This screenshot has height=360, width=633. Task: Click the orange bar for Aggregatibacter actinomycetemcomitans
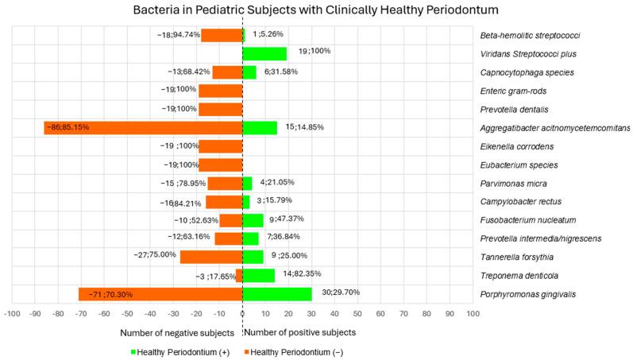(143, 128)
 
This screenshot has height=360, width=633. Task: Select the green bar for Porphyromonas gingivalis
(276, 293)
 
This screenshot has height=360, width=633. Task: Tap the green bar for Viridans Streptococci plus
(264, 54)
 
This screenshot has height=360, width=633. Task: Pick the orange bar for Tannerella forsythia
(211, 257)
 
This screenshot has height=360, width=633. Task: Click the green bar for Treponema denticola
(258, 275)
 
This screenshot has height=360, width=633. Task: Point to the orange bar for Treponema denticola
(239, 275)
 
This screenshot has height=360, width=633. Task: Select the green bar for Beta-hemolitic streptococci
(244, 36)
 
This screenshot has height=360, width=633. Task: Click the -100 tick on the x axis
(12, 313)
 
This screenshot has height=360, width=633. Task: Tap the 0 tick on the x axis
(242, 313)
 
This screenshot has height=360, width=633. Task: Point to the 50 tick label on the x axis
(357, 313)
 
